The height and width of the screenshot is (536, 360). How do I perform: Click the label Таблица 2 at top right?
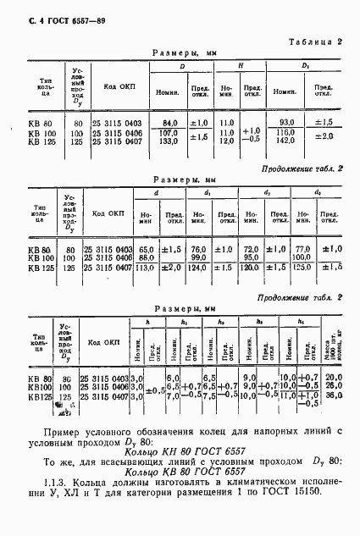pyautogui.click(x=315, y=41)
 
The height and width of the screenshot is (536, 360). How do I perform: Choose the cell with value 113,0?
pyautogui.click(x=147, y=268)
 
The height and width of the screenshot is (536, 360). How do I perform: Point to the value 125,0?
pyautogui.click(x=302, y=268)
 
